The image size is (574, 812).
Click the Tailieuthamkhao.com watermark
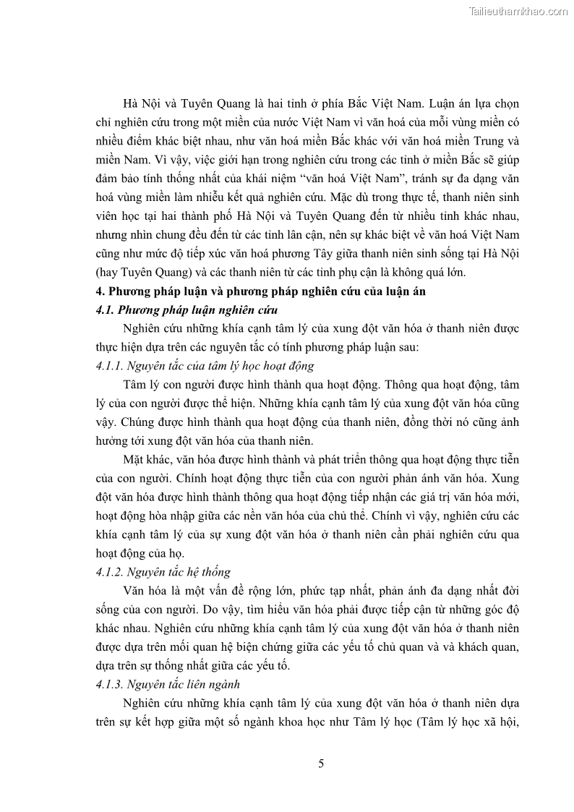pos(518,11)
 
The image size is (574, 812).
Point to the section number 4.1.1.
pos(112,366)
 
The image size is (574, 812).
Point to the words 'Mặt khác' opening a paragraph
pos(147,460)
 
